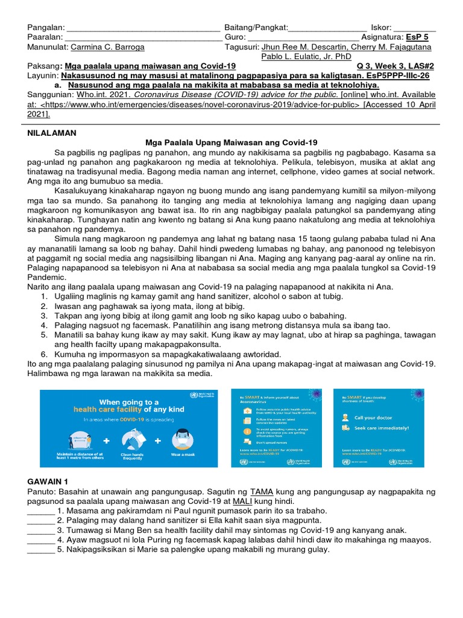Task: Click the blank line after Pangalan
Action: [143, 28]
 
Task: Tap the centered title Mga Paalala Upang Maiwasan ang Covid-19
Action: [231, 142]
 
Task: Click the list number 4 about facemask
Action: [44, 325]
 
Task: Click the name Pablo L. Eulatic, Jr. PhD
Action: [306, 57]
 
